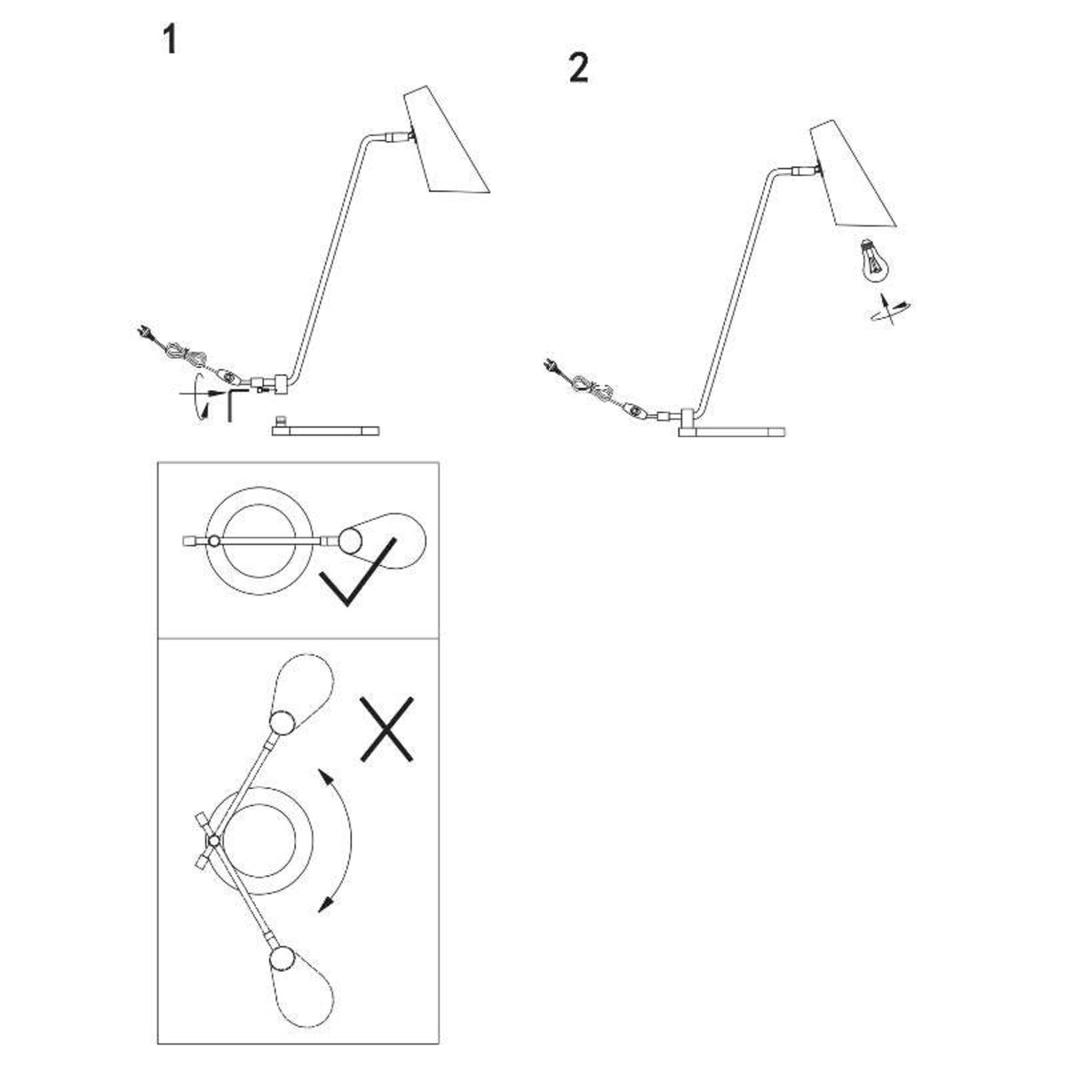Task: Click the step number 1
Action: click(x=169, y=39)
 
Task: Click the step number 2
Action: click(x=578, y=68)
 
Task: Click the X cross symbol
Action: click(x=387, y=729)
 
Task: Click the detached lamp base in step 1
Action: click(x=325, y=430)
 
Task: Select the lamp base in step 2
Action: click(x=732, y=431)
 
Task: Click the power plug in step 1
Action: click(x=142, y=333)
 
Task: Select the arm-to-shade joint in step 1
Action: click(x=399, y=138)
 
